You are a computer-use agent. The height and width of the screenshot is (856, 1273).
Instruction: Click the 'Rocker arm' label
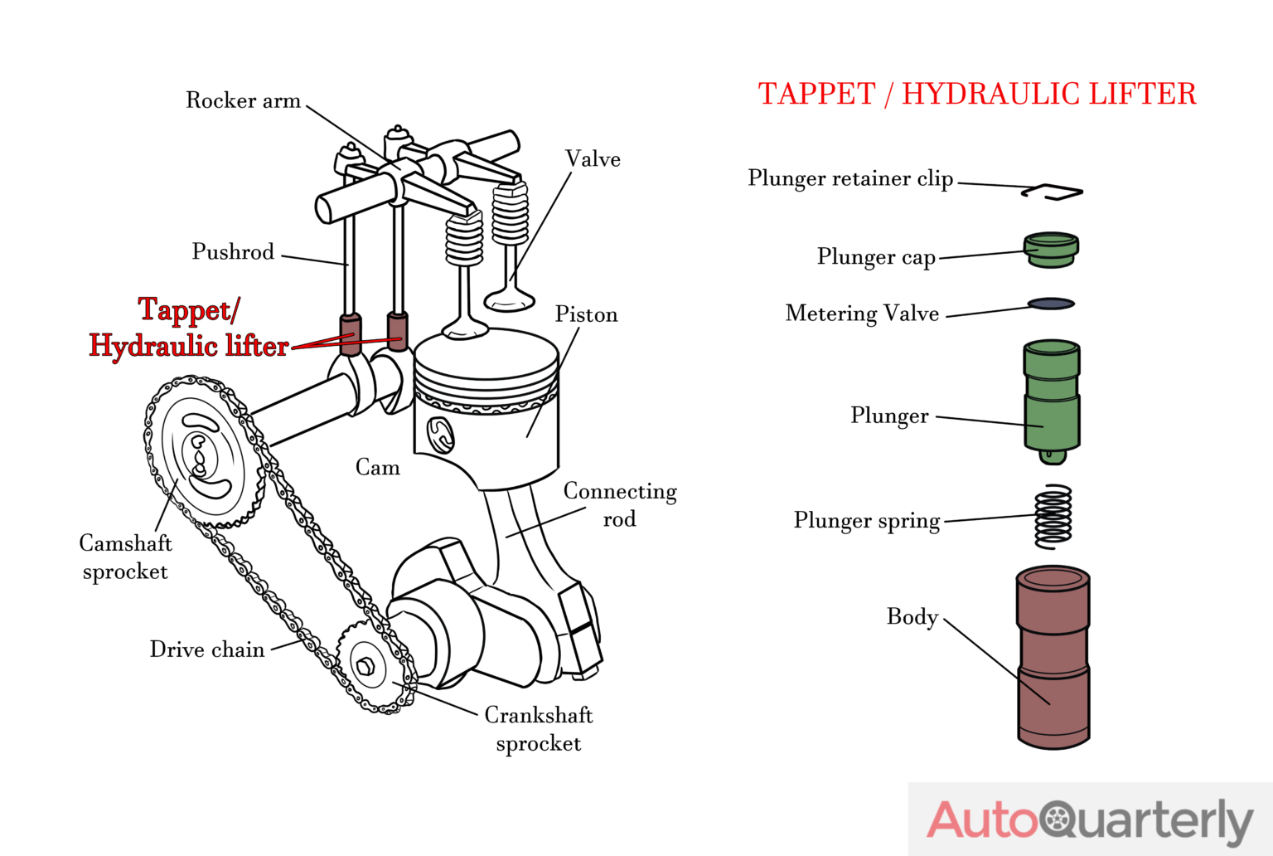[243, 100]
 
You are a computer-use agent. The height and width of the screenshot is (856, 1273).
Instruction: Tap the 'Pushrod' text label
[233, 251]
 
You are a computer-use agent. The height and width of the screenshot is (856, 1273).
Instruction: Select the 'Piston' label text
[586, 314]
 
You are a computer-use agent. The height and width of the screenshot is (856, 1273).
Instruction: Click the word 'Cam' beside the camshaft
[377, 468]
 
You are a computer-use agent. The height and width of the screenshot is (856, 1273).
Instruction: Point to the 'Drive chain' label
[207, 649]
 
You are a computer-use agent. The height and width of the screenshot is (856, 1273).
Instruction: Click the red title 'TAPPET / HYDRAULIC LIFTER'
[977, 94]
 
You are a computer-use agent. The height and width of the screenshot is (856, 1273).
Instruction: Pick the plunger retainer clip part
[1052, 192]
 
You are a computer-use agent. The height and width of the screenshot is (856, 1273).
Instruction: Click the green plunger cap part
[1051, 250]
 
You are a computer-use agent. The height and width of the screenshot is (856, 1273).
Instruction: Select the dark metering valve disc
[1051, 304]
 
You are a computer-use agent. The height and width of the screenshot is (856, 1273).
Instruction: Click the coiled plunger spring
[1053, 516]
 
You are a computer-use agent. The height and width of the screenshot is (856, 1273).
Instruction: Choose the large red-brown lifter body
[1053, 657]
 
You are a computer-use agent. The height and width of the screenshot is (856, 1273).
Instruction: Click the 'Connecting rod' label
[620, 504]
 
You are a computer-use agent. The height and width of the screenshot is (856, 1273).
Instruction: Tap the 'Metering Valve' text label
[862, 314]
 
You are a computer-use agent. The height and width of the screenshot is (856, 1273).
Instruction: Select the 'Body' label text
[912, 617]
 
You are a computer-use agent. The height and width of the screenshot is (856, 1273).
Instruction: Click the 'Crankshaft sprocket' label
[539, 729]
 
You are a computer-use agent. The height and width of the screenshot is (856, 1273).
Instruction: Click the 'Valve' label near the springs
[593, 159]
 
